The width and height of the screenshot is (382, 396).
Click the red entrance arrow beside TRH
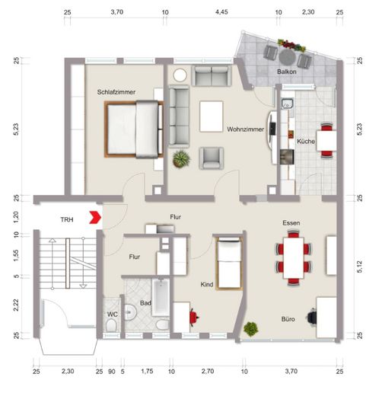coord(95,217)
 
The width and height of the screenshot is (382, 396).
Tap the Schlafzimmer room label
coord(116,92)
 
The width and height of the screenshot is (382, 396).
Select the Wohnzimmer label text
coord(246,129)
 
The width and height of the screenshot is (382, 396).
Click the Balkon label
coord(287,72)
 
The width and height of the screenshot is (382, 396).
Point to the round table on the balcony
coord(288,57)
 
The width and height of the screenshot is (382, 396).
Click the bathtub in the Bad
coord(161,297)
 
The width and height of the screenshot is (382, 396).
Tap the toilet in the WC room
coord(111,325)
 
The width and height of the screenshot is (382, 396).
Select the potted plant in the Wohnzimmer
coord(181,159)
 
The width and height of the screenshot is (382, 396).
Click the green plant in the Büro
coord(251,329)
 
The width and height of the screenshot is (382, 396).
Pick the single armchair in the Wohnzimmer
coord(212,158)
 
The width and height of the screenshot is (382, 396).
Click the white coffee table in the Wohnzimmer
coord(212,117)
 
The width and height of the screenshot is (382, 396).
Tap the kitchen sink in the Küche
coord(287,104)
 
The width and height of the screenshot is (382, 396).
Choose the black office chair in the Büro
coord(312,317)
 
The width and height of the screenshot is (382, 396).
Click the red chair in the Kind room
coord(194,317)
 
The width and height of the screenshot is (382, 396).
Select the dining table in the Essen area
coord(294,258)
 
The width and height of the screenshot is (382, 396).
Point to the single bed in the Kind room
coord(229,263)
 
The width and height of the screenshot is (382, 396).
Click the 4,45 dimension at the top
coord(221,12)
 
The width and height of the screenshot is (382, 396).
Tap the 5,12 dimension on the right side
coord(359,267)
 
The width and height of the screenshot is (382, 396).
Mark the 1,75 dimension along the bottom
coord(147,371)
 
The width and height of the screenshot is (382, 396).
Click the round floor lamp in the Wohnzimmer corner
coord(180,75)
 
